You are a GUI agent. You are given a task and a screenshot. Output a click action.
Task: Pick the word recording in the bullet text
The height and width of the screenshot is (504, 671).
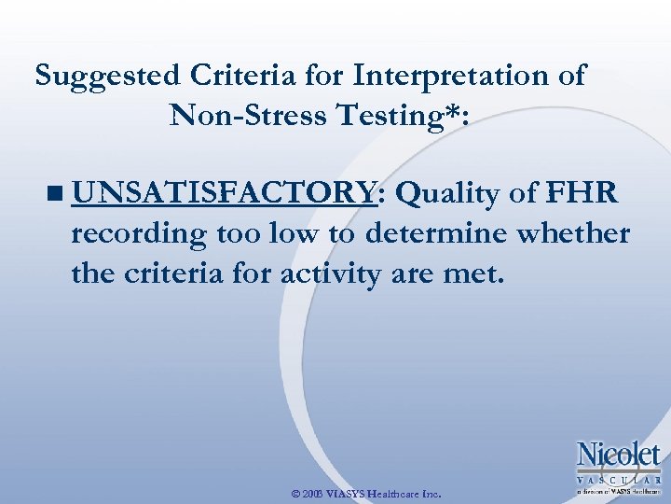point(138,235)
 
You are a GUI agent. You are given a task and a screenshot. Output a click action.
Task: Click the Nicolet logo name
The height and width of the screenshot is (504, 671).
point(619,456)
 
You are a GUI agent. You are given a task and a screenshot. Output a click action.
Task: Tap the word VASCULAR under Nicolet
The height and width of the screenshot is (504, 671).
point(619,478)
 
